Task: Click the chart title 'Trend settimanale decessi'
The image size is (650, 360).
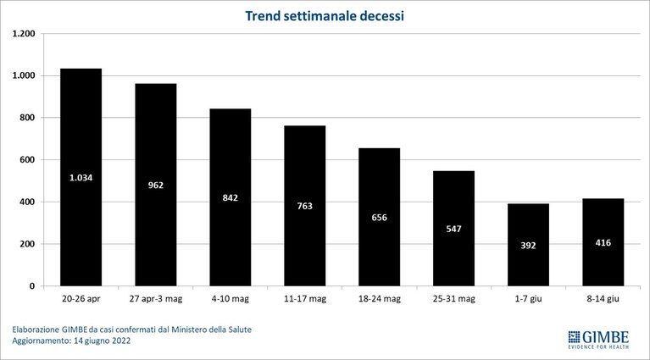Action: pos(325,16)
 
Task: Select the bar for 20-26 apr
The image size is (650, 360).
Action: pos(81,177)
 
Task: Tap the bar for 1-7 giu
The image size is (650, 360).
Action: pos(528,245)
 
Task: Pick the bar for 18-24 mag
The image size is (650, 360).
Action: pos(380,217)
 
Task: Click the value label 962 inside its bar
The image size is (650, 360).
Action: pos(156,186)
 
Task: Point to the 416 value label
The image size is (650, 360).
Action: pos(603,243)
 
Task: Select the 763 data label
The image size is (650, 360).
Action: pos(305,206)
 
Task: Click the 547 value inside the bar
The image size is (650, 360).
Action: pos(454,229)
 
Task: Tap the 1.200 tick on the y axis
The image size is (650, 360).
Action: pos(24,34)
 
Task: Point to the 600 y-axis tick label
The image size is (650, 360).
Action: pos(27,160)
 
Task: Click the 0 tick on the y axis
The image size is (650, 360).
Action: pos(32,286)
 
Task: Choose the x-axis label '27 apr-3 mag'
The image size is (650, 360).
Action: pos(156,299)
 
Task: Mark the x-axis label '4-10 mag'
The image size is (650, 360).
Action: pos(230,299)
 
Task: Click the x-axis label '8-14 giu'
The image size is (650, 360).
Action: pos(603,299)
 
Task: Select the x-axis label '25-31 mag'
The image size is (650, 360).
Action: pos(454,299)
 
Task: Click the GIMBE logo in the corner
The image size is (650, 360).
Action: pos(598,340)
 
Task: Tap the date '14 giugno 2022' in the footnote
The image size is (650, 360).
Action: pos(102,341)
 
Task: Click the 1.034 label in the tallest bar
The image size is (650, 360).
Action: pos(81,178)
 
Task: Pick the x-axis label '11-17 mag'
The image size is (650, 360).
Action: pos(305,299)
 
